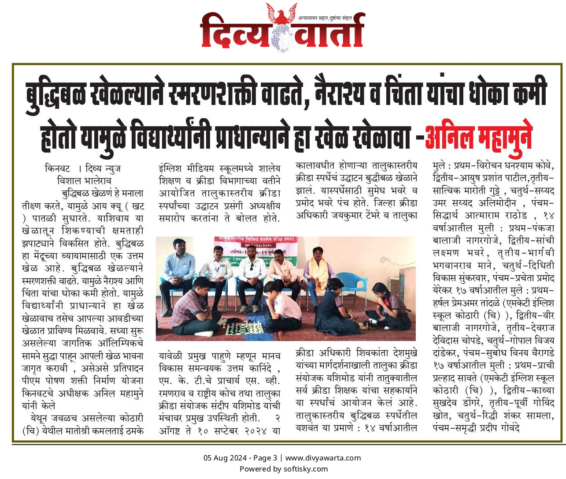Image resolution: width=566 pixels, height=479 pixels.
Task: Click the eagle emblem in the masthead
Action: pyautogui.click(x=281, y=15)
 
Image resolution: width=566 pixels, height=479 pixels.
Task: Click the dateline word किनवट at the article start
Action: pyautogui.click(x=57, y=168)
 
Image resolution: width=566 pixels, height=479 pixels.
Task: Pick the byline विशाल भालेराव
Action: pyautogui.click(x=84, y=181)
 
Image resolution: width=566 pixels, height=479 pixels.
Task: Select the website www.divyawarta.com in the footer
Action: pyautogui.click(x=323, y=458)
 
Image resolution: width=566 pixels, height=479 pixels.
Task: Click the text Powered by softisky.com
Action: pyautogui.click(x=283, y=469)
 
